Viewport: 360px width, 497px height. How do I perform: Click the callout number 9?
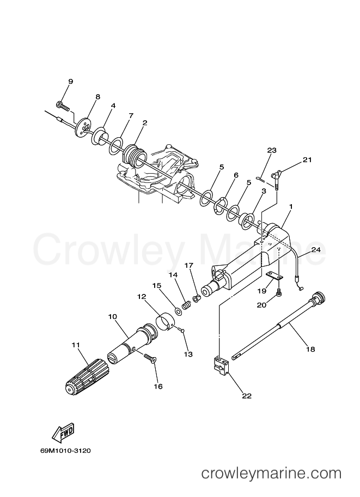[70, 82]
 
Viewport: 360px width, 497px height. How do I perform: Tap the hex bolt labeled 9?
[63, 105]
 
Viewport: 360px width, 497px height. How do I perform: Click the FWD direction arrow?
[63, 433]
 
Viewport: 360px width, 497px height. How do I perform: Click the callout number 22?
[247, 396]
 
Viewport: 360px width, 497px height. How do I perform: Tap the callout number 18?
[310, 349]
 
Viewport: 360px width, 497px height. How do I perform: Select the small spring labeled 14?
[187, 306]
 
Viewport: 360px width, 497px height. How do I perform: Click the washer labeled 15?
[179, 311]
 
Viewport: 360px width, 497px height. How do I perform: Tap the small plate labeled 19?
[274, 276]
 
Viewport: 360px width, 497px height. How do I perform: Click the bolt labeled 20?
[278, 292]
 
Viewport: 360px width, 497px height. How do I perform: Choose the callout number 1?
[291, 206]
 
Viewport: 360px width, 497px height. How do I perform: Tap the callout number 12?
[142, 297]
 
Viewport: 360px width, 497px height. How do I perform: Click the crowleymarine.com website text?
[272, 474]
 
